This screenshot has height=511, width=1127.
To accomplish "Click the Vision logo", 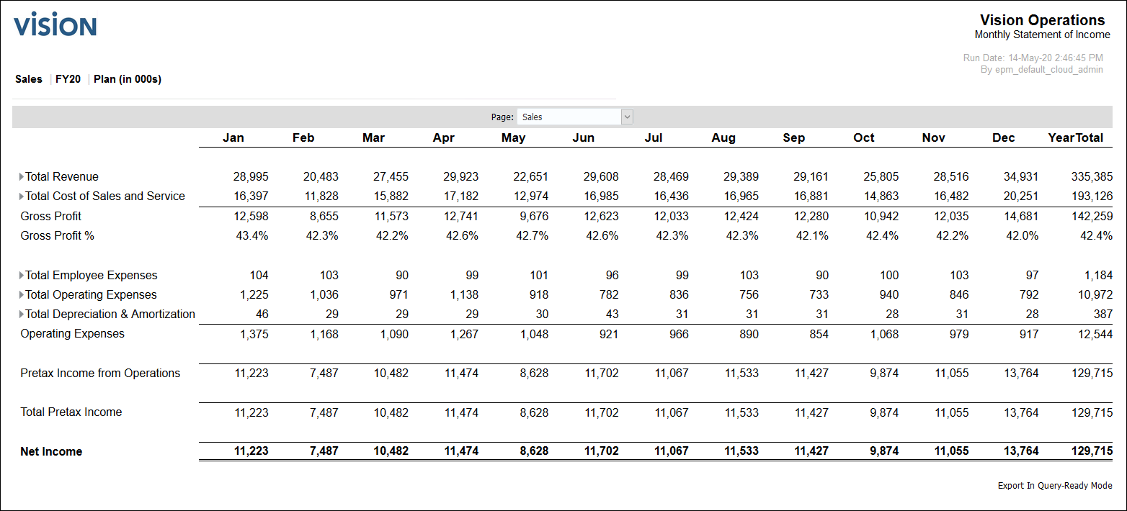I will tap(55, 26).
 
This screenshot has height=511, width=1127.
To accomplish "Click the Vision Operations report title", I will tap(1042, 20).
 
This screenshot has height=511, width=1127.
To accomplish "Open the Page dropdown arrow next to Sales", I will tap(627, 117).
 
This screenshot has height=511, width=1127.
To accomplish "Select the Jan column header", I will tap(233, 137).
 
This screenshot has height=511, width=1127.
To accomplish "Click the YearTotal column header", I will tap(1075, 137).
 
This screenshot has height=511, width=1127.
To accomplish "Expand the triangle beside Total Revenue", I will tap(22, 177).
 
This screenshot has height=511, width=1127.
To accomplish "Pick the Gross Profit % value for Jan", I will tap(252, 236).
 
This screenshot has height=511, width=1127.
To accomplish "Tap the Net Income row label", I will tap(51, 451).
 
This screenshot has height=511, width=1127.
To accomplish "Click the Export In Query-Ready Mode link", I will tap(1054, 486).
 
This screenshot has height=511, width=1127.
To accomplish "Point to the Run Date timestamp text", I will tap(1033, 58).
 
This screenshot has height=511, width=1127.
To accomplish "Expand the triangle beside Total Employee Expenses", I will tap(22, 276).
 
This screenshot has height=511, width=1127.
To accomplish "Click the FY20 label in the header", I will tap(68, 79).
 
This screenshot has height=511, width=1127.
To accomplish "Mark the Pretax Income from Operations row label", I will tap(100, 373).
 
